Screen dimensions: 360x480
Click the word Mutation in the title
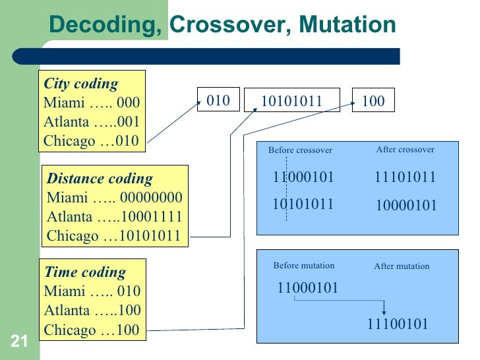pyautogui.click(x=347, y=24)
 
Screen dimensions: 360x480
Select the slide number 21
pyautogui.click(x=18, y=341)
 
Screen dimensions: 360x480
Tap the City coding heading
pyautogui.click(x=80, y=84)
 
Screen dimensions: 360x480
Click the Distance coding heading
pyautogui.click(x=100, y=178)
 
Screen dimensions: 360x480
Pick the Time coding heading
pyautogui.click(x=84, y=272)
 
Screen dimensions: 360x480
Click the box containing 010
pyautogui.click(x=218, y=100)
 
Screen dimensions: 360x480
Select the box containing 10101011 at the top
pyautogui.click(x=291, y=101)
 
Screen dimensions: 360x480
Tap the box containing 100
pyautogui.click(x=373, y=101)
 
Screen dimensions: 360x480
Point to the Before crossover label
pyautogui.click(x=300, y=150)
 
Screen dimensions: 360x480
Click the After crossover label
pyautogui.click(x=405, y=150)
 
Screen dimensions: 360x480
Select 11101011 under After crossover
pyautogui.click(x=405, y=177)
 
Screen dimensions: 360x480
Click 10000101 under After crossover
pyautogui.click(x=406, y=206)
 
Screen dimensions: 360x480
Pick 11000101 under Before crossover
pyautogui.click(x=303, y=177)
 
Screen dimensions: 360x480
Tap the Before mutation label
pyautogui.click(x=303, y=266)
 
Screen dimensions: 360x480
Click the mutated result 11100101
pyautogui.click(x=398, y=324)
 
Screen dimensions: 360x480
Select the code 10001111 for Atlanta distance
pyautogui.click(x=152, y=217)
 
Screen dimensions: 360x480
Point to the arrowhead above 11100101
pyautogui.click(x=384, y=312)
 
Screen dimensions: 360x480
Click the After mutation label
pyautogui.click(x=402, y=266)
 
